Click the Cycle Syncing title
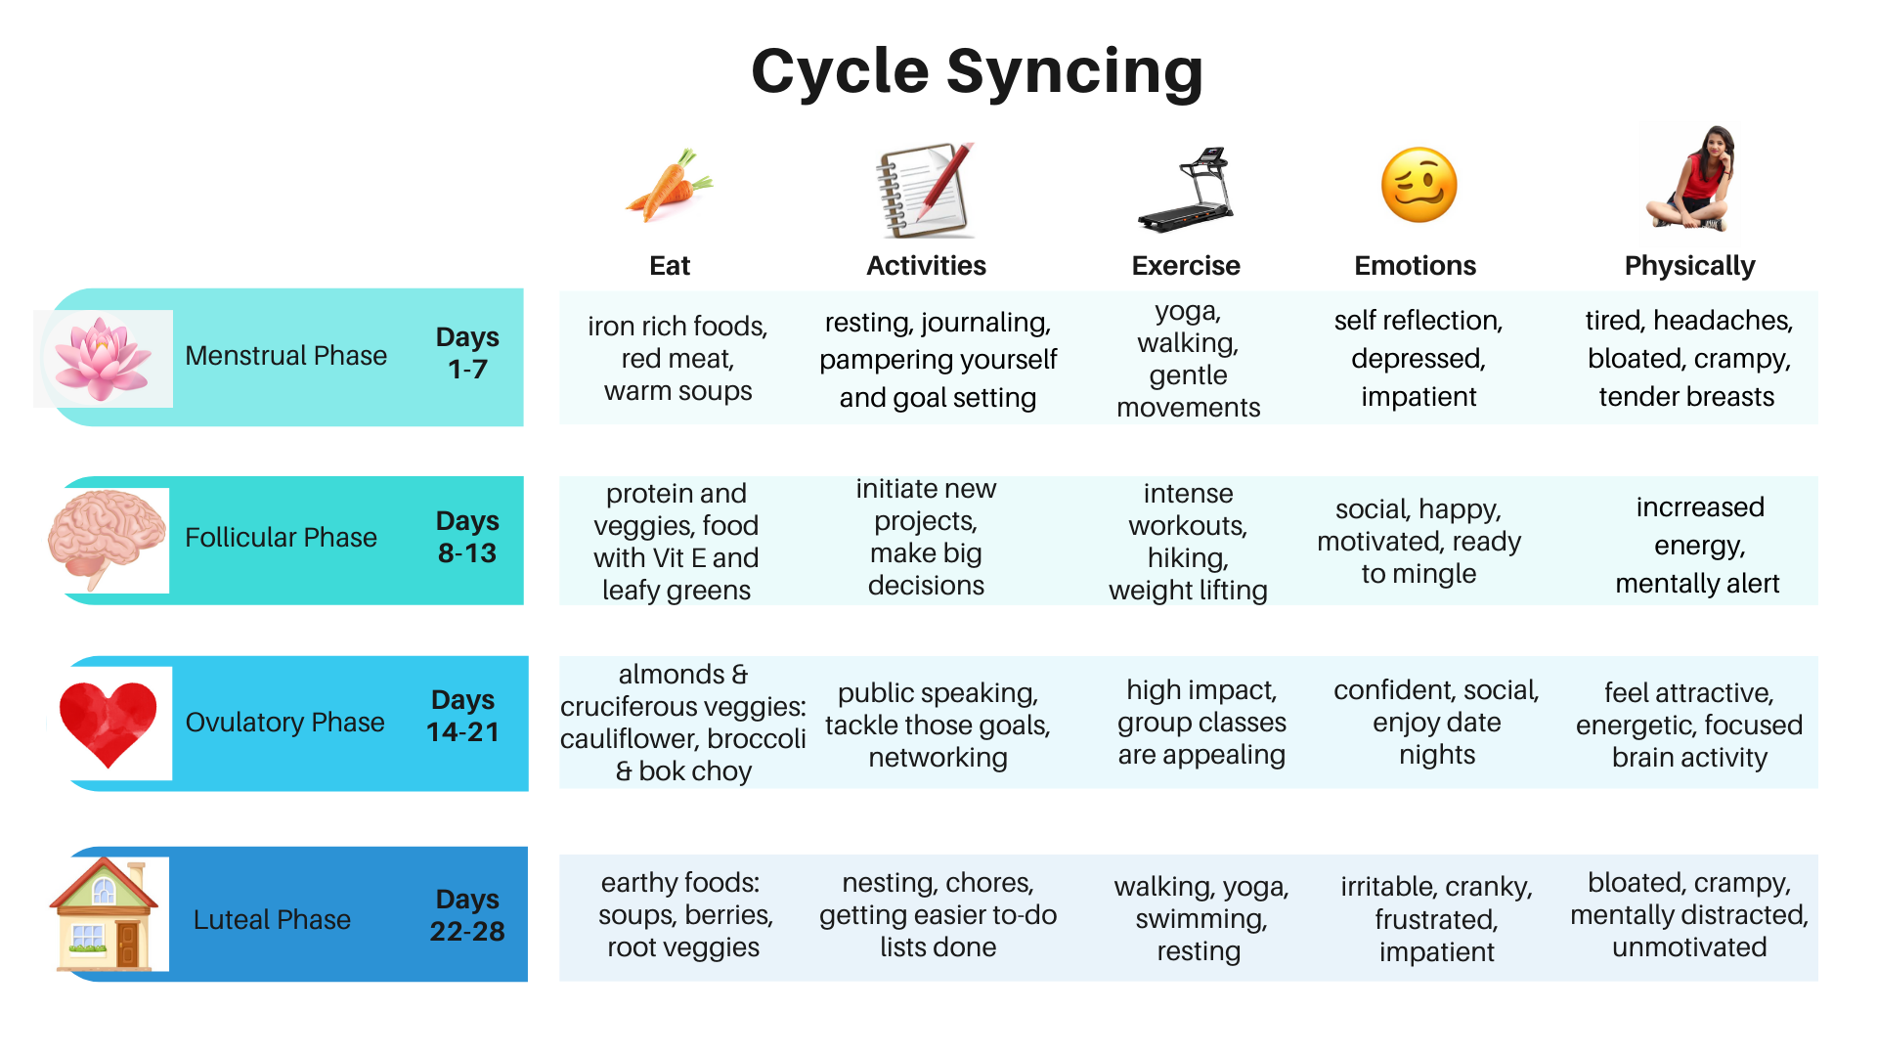(976, 72)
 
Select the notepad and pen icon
(925, 190)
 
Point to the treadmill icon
(1187, 191)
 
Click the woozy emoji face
(1418, 186)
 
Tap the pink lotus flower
(103, 358)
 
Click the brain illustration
(107, 537)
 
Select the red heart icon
(109, 723)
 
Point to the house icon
(105, 915)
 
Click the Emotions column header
(1415, 266)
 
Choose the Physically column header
(1689, 266)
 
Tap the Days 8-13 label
(467, 537)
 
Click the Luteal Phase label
(272, 919)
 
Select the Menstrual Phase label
(285, 356)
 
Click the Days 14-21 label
(463, 716)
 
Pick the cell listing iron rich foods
(677, 358)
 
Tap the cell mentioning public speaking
(938, 725)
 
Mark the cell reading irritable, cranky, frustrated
(1436, 919)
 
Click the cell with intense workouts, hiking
(1188, 541)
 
